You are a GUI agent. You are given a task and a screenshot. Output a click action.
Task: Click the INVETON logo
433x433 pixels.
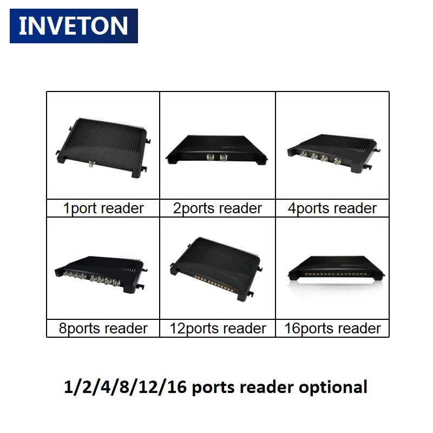tap(74, 26)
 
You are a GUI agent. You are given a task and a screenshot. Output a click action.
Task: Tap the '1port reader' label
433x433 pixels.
tap(103, 208)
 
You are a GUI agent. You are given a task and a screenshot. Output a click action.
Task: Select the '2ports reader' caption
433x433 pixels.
tap(218, 208)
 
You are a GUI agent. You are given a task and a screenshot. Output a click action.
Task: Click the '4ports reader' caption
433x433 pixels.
tap(332, 208)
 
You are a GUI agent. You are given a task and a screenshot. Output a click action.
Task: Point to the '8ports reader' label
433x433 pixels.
tap(103, 329)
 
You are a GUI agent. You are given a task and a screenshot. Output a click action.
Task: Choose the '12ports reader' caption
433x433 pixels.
tap(218, 329)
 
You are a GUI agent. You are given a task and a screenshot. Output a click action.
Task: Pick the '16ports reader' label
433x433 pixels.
tap(332, 329)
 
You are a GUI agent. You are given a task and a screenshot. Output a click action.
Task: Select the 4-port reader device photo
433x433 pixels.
tap(332, 149)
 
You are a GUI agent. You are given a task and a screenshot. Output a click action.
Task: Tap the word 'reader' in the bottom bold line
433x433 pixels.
tap(267, 388)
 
